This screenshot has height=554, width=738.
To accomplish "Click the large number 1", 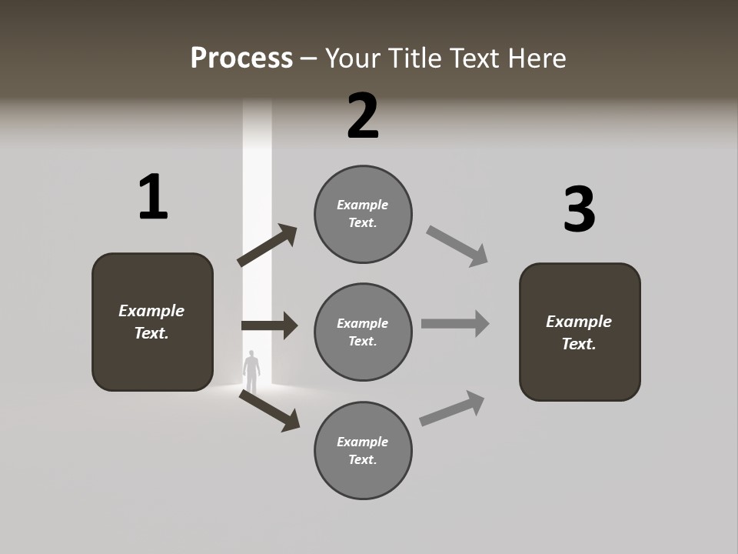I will tap(153, 197).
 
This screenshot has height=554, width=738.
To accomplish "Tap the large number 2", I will tap(363, 116).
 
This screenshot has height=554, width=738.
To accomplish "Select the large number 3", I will tap(579, 210).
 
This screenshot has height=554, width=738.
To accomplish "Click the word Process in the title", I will tap(241, 58).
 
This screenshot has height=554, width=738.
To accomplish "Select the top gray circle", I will tap(363, 214).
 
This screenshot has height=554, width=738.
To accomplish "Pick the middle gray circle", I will tap(363, 332).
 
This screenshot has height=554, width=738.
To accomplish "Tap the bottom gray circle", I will tap(363, 450).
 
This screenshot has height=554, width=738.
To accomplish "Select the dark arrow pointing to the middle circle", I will tap(269, 325).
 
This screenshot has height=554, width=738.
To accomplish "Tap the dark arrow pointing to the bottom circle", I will tap(270, 410).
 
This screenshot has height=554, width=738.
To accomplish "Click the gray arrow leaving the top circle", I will tap(457, 246).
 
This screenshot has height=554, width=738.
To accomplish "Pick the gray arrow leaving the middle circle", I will tap(455, 323).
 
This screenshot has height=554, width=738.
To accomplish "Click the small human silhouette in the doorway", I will tap(251, 372).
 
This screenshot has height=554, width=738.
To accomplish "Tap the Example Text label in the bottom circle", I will tap(363, 450).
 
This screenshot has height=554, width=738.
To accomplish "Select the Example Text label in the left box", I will tap(151, 322).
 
